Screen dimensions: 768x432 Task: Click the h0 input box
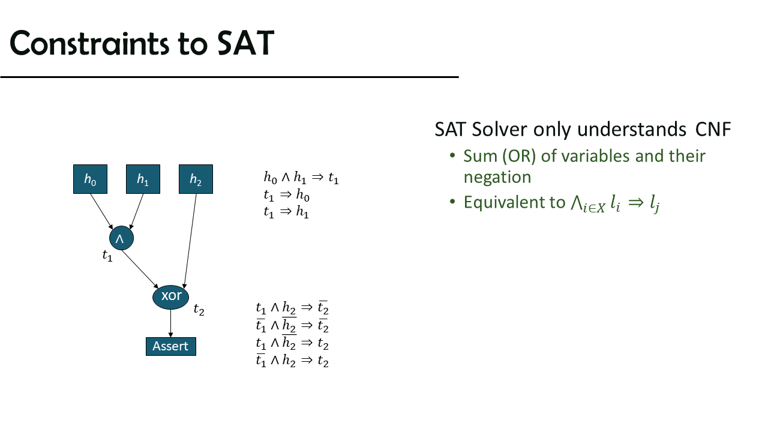pos(90,179)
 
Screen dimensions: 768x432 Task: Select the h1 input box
pos(143,179)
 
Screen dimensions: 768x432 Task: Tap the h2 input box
pos(196,179)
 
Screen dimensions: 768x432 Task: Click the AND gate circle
pos(121,238)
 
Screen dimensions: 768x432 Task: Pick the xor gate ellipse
pos(171,296)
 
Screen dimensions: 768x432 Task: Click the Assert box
pos(171,346)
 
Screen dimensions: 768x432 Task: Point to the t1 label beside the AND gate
pos(107,256)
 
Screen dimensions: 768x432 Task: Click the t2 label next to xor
pos(199,309)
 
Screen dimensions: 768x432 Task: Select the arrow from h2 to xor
pos(190,241)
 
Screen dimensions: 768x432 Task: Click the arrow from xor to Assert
pos(171,323)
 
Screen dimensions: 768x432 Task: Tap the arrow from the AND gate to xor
pos(140,269)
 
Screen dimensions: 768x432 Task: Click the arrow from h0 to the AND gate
pos(101,211)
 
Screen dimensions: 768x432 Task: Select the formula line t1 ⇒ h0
pos(287,195)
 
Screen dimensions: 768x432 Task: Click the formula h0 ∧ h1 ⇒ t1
pos(301,178)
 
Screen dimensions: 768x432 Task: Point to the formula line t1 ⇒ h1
pos(286,212)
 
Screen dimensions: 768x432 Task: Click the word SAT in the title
pos(245,43)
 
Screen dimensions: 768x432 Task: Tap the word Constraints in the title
pos(89,43)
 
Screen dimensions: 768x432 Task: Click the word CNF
pos(713,130)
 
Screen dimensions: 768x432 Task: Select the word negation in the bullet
pos(497,177)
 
